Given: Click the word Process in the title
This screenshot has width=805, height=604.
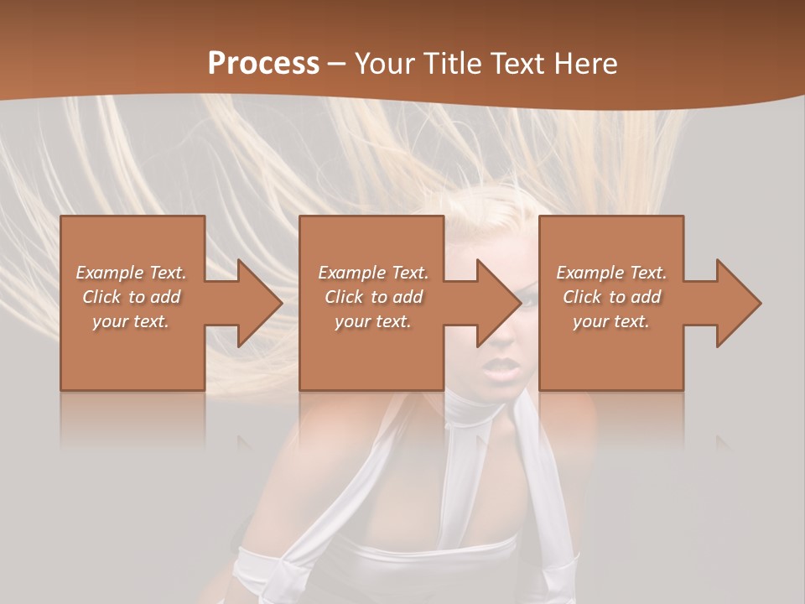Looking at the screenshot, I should tap(263, 63).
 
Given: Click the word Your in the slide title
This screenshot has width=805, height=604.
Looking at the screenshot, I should tap(384, 63).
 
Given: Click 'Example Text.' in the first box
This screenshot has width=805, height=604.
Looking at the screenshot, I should tap(131, 273).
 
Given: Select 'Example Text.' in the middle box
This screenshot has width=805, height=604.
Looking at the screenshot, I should tap(372, 273).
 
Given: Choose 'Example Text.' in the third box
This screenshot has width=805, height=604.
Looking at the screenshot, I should tap(610, 273).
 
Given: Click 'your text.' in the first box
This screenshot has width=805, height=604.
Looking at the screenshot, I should tap(131, 321).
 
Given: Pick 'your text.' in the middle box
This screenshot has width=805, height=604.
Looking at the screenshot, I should tap(372, 321).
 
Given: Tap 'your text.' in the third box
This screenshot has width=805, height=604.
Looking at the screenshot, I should tap(610, 321).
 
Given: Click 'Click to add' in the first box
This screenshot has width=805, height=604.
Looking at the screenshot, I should tap(131, 297).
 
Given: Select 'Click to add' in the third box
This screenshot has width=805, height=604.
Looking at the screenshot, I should tap(611, 297).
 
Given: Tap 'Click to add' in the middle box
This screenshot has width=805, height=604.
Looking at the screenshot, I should tap(373, 297).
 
